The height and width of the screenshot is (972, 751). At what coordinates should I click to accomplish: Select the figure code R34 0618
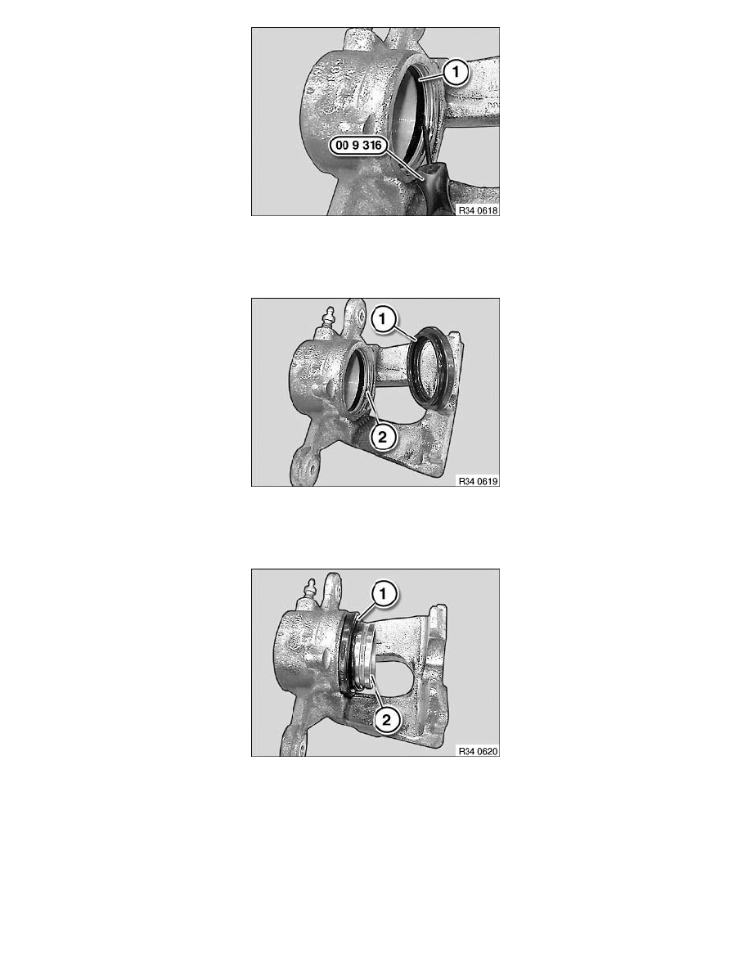click(478, 209)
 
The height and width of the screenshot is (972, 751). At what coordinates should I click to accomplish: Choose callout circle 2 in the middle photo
click(380, 437)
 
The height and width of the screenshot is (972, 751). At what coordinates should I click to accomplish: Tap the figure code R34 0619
click(478, 480)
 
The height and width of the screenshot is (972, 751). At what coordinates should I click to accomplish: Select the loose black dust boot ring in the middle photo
click(431, 367)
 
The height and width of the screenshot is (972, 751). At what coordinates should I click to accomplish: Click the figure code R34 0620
click(478, 750)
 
